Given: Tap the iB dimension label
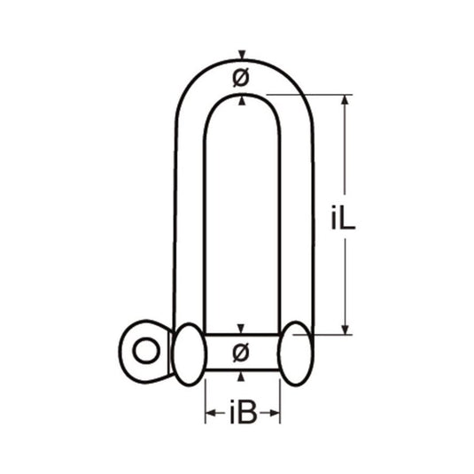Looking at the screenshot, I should coord(244,414).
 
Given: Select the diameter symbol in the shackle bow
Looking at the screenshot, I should coord(241,78).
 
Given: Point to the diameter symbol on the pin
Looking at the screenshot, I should coord(241,353).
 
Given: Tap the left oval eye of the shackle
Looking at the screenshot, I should coord(189,352).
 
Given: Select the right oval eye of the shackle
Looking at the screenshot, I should coord(296,352).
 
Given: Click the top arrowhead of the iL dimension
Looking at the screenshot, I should coord(346,100).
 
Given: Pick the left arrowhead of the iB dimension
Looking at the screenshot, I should coord(211,414).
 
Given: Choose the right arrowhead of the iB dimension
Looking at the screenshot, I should coord(276,414).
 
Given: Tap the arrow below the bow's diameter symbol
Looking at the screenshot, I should coord(242,98).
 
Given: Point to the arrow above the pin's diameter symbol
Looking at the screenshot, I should coord(242,330).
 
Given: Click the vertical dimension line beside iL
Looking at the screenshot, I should coord(346,159).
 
